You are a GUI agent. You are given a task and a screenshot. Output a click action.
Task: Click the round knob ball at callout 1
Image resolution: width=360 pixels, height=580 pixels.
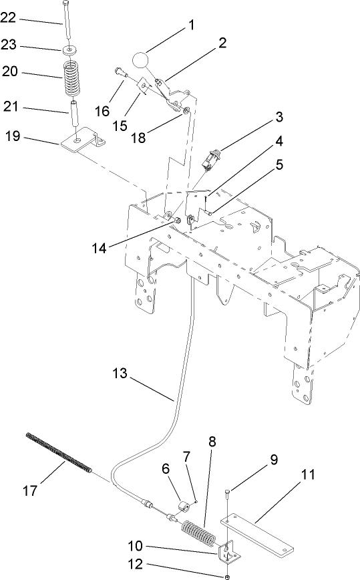point(142,61)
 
